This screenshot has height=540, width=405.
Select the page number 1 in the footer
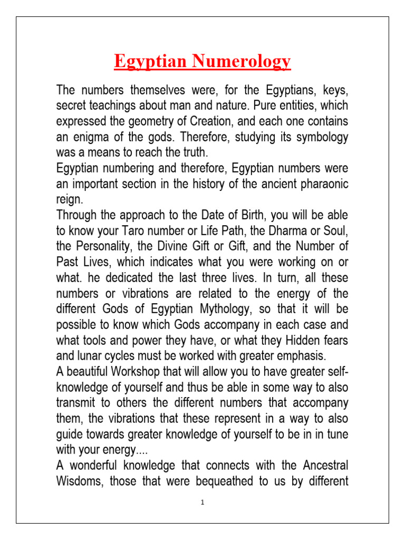click(202, 502)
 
